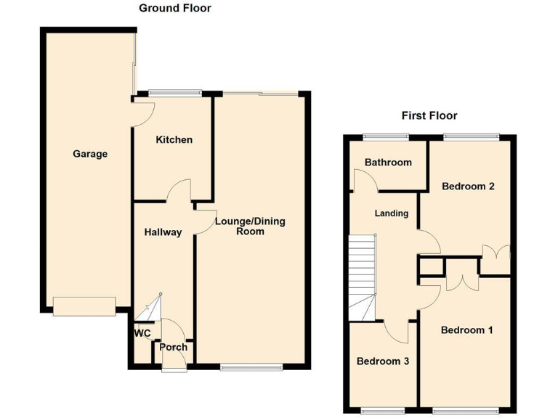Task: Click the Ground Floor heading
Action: tap(175, 9)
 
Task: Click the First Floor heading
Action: tap(429, 115)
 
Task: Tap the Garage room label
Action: tap(90, 154)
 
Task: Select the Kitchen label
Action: tap(174, 139)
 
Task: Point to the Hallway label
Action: tap(163, 233)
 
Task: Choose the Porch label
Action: tap(174, 347)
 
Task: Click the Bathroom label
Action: tap(388, 163)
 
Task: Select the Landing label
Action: tap(391, 213)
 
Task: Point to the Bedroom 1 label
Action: tap(467, 330)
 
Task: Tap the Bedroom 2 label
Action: tap(469, 187)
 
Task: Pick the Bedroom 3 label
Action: tap(382, 361)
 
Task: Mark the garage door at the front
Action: tap(84, 306)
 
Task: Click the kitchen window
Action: tap(174, 92)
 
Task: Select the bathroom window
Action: tap(386, 136)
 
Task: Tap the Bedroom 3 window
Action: tap(382, 411)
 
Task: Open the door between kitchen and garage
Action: tap(142, 112)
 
